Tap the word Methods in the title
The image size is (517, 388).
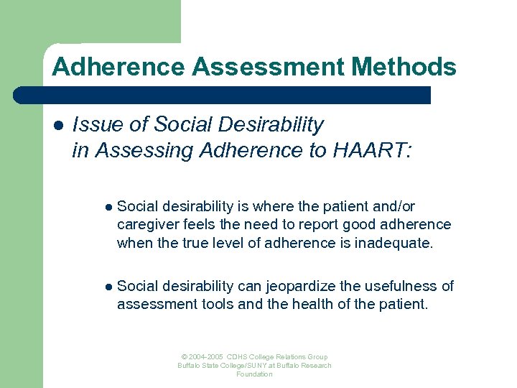pyautogui.click(x=404, y=67)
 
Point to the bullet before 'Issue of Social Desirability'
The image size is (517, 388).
pyautogui.click(x=57, y=125)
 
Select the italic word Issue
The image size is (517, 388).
pyautogui.click(x=97, y=125)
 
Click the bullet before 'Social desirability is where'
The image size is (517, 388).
pyautogui.click(x=108, y=207)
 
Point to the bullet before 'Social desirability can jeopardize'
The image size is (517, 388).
pyautogui.click(x=108, y=287)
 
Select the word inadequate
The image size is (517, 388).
pyautogui.click(x=393, y=243)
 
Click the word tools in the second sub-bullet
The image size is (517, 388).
pyautogui.click(x=217, y=304)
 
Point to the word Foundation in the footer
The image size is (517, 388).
pyautogui.click(x=255, y=374)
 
